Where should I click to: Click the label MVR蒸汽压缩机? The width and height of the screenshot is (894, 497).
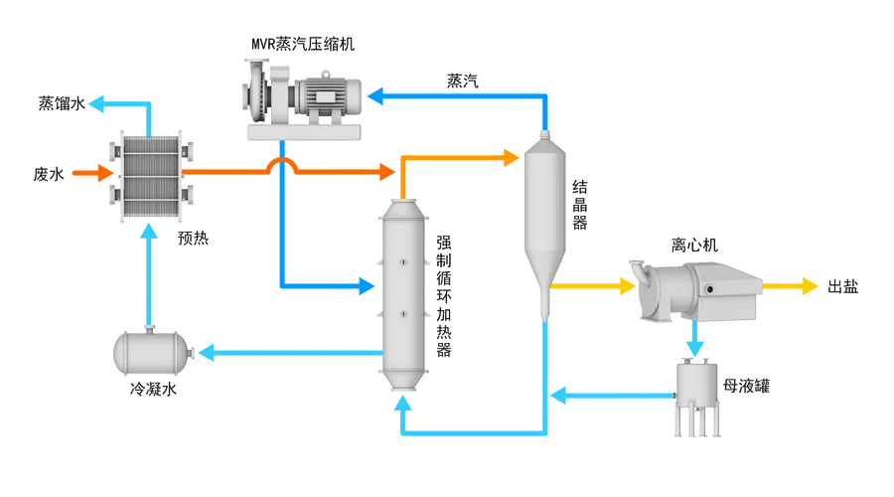point(303,44)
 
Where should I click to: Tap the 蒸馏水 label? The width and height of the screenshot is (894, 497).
point(62,103)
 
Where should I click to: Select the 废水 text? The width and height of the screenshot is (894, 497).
point(49,174)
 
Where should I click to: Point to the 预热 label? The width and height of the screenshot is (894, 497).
point(194,238)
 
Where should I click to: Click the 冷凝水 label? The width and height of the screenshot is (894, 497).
point(153,390)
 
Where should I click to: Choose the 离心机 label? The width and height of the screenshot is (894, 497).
point(694,246)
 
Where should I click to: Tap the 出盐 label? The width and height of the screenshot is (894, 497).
point(842,286)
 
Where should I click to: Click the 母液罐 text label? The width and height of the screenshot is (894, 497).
point(746,387)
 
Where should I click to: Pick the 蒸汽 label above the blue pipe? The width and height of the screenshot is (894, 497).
point(462,82)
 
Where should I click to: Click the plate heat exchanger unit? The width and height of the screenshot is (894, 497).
point(151,176)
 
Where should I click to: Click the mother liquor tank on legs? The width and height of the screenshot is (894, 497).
point(696,398)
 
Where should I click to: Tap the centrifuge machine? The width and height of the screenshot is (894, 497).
point(695,291)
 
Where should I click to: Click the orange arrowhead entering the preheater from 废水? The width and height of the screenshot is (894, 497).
point(105,173)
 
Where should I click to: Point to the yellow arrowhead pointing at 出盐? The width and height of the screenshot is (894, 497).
point(811,286)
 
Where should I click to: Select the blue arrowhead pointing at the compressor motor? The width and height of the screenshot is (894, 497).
point(375,95)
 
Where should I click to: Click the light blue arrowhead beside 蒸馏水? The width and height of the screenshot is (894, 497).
point(97,103)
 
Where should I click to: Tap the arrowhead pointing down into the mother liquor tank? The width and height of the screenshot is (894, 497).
point(694,348)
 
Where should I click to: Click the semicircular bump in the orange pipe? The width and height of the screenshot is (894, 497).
point(282,164)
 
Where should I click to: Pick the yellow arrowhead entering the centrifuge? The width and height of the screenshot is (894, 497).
point(628,286)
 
